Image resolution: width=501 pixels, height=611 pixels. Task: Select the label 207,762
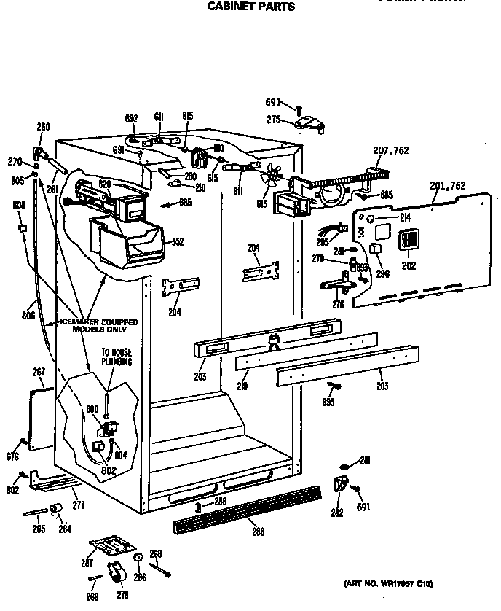pos(391,151)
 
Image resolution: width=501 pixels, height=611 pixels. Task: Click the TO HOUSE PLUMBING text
pos(117,357)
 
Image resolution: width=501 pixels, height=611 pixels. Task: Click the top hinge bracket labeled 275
pos(310,123)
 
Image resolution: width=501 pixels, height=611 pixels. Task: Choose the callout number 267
pos(39,372)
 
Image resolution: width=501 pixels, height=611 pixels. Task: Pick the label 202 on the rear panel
pos(409,266)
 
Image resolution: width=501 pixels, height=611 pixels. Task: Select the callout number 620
pos(105,185)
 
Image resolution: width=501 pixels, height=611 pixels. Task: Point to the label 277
pos(78,505)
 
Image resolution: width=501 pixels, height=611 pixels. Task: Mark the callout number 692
pos(131,118)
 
